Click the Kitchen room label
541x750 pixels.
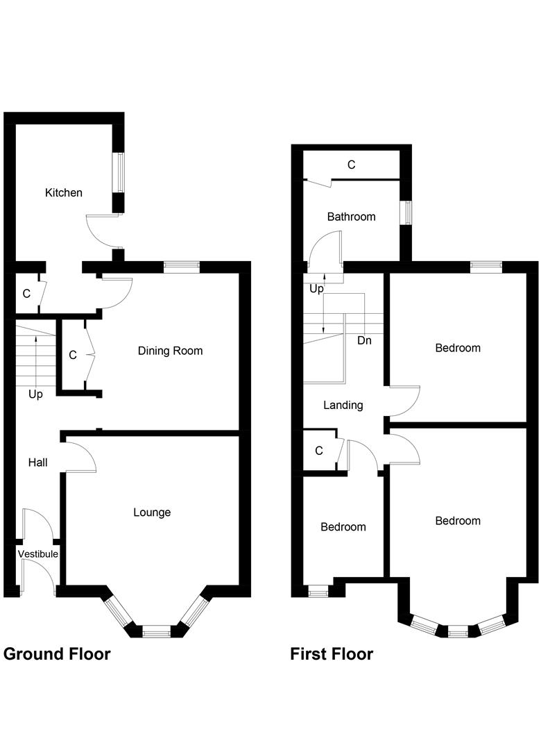point(64,192)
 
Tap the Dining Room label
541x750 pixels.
point(170,351)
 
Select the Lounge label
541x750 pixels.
point(152,512)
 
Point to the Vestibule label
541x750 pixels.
point(37,553)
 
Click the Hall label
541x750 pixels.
point(37,462)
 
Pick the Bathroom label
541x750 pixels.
point(352,217)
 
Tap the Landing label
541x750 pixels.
point(343,405)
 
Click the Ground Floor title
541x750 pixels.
point(57,653)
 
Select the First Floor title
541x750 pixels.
point(332,653)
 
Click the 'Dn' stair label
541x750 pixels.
point(365,341)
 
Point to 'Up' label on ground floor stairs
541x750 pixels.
point(35,394)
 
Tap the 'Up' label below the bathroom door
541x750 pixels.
point(316,289)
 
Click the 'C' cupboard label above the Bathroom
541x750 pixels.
point(351,165)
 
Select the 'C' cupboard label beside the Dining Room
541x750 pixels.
point(73,355)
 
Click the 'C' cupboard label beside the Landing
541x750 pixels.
point(319,451)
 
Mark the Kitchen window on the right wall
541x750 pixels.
point(119,172)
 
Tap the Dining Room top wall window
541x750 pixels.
point(182,266)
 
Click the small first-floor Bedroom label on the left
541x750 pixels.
point(343,527)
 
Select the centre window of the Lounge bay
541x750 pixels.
point(156,631)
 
